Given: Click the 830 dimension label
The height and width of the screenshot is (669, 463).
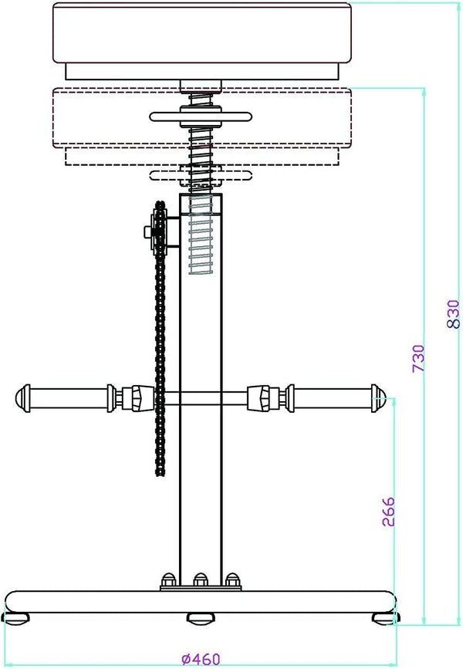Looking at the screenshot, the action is coord(453,313).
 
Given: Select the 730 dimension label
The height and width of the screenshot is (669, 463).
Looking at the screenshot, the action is coord(418,358).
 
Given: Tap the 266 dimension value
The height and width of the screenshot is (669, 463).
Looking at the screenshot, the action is coord(388,512).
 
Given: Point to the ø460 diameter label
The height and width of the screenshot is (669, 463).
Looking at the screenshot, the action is coord(201,659).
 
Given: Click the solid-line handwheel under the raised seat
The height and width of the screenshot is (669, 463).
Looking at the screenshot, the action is coord(201,117).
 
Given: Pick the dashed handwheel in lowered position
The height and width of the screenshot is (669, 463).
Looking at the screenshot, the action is coord(201,175).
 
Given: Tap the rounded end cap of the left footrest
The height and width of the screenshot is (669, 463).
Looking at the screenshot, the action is coord(22,398).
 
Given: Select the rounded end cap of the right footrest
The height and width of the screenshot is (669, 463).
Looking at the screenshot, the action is coord(379,398).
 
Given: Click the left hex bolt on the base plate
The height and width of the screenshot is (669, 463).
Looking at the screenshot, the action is coord(168,579).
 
